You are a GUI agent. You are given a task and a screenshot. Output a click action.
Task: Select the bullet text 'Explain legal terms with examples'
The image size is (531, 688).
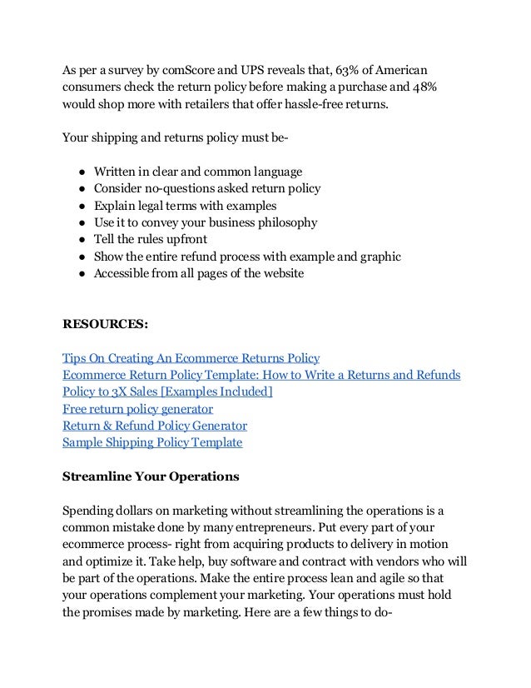pos(185,206)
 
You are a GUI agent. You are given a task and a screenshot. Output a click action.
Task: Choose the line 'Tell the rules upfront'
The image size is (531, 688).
pos(150,240)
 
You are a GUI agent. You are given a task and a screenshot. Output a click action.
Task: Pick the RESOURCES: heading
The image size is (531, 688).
pos(105,324)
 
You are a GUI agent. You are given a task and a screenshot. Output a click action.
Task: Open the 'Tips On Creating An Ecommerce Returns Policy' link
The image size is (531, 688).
pos(191,358)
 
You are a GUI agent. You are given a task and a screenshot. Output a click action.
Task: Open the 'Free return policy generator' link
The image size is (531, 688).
pos(137,409)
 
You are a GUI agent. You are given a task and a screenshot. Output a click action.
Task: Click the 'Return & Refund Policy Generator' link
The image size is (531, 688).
pos(154,426)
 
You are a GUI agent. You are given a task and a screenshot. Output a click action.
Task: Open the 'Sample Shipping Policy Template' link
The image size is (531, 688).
pos(152,442)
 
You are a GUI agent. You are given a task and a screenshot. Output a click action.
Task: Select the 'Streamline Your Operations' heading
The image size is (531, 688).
pos(151,477)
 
